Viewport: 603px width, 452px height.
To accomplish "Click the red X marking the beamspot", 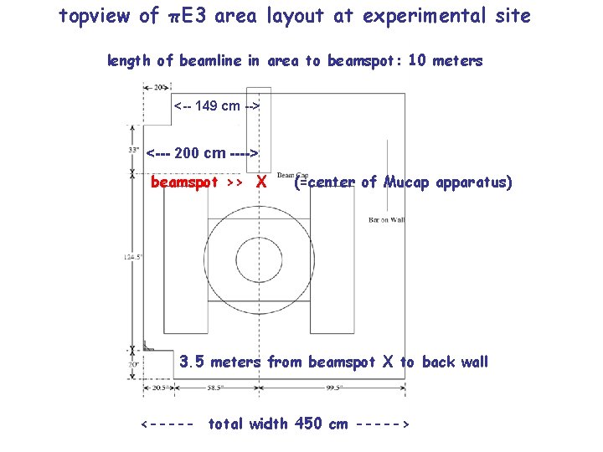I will click(261, 182).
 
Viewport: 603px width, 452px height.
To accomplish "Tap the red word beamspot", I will click(183, 182).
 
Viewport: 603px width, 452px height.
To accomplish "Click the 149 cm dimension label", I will click(217, 105).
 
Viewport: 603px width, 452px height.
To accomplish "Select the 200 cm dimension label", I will click(201, 153).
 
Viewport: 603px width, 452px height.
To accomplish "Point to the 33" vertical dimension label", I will click(133, 149).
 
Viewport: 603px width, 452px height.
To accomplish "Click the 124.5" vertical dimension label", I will click(131, 256).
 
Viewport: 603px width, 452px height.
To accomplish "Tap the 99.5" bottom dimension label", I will click(334, 388).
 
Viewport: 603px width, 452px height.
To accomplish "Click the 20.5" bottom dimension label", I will click(159, 388).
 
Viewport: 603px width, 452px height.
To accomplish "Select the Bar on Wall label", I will click(386, 219).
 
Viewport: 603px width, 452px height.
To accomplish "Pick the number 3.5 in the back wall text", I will click(192, 362).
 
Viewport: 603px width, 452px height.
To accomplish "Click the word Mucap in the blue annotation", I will click(406, 182).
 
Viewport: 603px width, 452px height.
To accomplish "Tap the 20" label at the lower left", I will click(133, 364).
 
